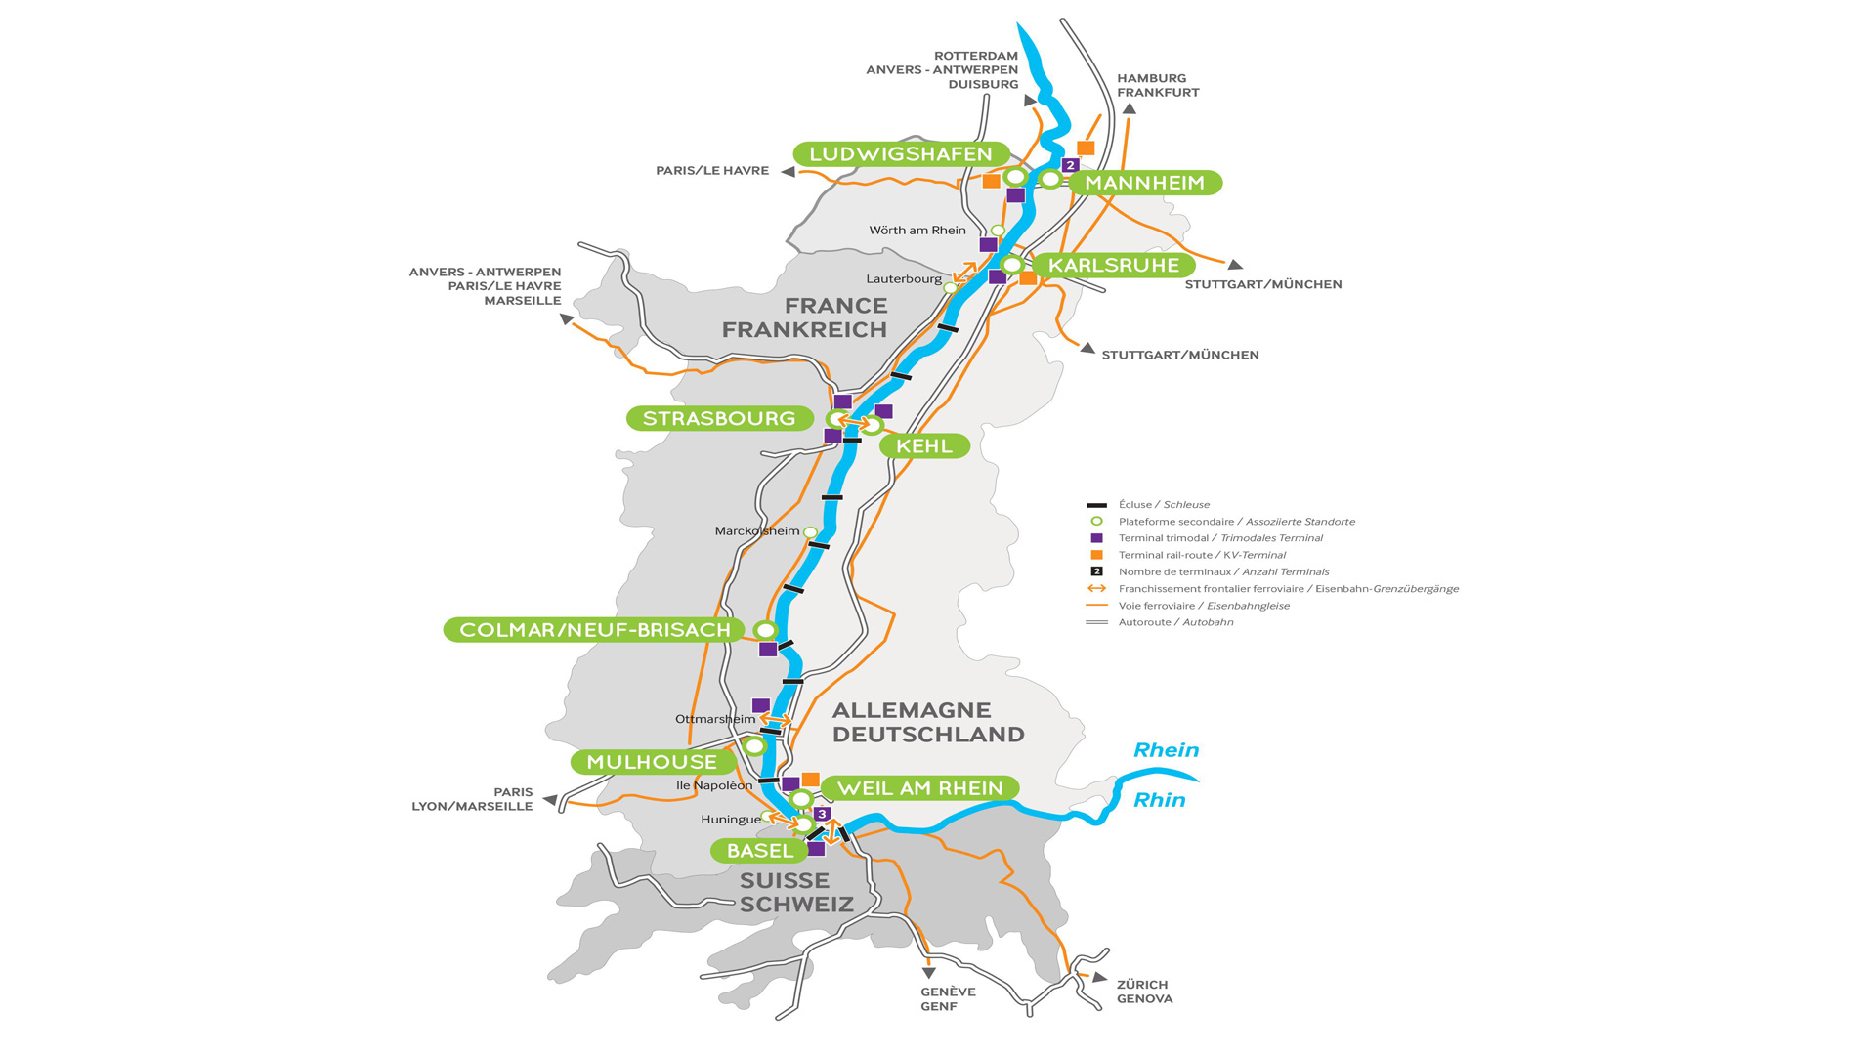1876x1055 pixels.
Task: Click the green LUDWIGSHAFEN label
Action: pyautogui.click(x=900, y=153)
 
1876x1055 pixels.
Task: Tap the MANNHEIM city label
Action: pyautogui.click(x=1144, y=183)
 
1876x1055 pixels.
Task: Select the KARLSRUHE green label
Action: pyautogui.click(x=1113, y=265)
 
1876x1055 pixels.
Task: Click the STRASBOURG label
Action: pyautogui.click(x=719, y=418)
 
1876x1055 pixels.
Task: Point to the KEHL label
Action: pyautogui.click(x=923, y=446)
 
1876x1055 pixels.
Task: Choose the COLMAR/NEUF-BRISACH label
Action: pyautogui.click(x=594, y=630)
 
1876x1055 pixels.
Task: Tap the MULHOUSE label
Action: pyautogui.click(x=652, y=762)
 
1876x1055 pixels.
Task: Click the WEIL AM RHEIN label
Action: pyautogui.click(x=919, y=788)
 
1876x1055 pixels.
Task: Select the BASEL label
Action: pyautogui.click(x=759, y=851)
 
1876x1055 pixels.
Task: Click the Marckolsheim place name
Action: pyautogui.click(x=756, y=531)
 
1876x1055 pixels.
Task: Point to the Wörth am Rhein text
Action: pyautogui.click(x=917, y=231)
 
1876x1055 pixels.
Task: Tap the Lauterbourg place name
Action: pyautogui.click(x=904, y=279)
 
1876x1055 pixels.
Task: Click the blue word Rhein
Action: pyautogui.click(x=1166, y=750)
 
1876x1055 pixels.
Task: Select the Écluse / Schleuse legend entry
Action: pyautogui.click(x=1164, y=505)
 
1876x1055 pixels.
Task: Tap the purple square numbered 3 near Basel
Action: pyautogui.click(x=823, y=814)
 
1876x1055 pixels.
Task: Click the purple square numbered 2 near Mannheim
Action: pyautogui.click(x=1070, y=165)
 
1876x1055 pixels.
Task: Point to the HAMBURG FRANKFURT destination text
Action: pyautogui.click(x=1158, y=85)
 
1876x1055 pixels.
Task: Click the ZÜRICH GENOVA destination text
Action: pyautogui.click(x=1144, y=992)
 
